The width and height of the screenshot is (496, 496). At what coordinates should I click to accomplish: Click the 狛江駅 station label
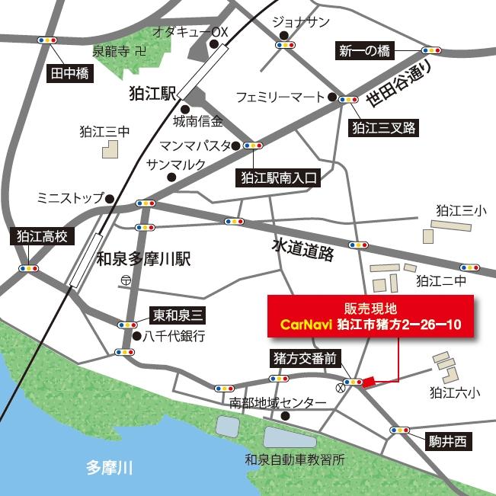(153, 93)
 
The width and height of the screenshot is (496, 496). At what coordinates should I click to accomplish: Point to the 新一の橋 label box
(364, 51)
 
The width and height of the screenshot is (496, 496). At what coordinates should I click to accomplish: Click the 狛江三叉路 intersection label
(383, 127)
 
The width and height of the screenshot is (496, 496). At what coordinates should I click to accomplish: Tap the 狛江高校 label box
(43, 236)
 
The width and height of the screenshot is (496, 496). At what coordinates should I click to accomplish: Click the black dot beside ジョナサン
(283, 35)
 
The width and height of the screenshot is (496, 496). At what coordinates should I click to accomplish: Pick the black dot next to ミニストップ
(110, 200)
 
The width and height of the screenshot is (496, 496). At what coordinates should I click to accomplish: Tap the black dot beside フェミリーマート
(331, 98)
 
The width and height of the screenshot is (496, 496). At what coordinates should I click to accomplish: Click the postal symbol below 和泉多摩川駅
(123, 281)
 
